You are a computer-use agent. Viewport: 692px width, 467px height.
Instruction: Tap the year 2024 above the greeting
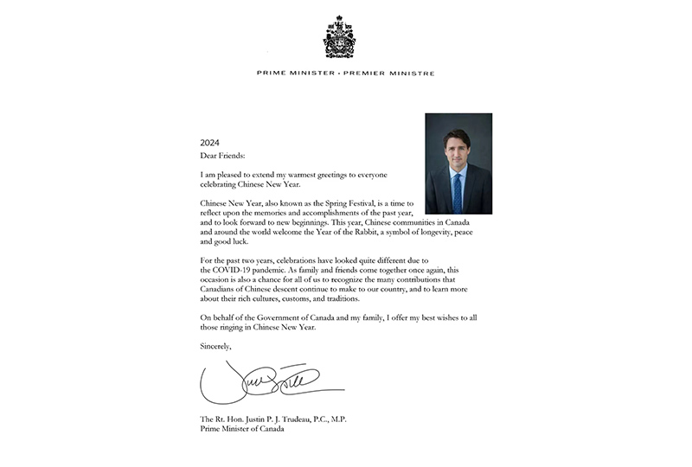[211, 142]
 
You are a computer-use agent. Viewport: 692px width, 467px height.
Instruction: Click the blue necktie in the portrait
[458, 192]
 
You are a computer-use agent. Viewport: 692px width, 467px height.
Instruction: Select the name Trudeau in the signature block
[298, 419]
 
